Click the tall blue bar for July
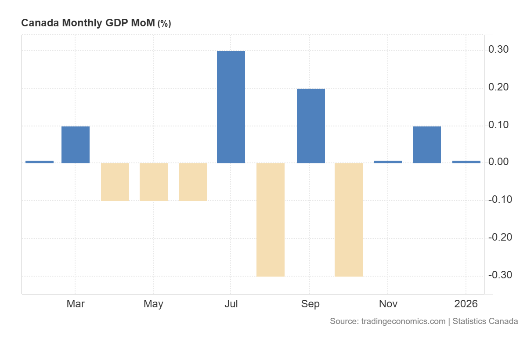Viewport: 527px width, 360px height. (231, 107)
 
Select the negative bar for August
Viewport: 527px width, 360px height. (271, 220)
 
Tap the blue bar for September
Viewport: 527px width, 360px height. (311, 126)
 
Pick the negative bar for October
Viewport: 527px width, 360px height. (349, 220)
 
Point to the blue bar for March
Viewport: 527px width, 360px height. (76, 145)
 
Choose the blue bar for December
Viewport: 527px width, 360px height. (427, 145)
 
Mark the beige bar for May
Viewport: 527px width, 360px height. (154, 182)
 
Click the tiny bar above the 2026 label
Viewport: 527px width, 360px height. (466, 162)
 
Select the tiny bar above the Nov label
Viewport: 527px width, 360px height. (388, 162)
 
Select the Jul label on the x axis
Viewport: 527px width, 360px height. (231, 304)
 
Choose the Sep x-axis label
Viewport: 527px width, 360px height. (310, 304)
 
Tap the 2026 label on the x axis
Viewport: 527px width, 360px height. (466, 304)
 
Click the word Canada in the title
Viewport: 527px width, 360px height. (40, 24)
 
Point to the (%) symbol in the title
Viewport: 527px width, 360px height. (164, 24)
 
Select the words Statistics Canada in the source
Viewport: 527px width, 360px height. (485, 321)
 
